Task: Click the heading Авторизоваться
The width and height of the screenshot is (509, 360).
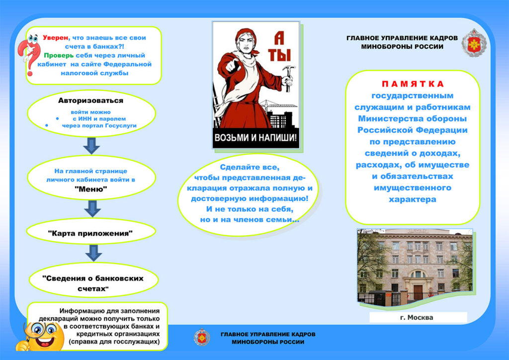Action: [x=90, y=100]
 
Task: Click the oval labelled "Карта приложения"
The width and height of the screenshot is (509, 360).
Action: [x=90, y=232]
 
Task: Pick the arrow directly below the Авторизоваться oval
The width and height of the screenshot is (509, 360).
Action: [x=91, y=146]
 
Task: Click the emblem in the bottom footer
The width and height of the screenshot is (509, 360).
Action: [x=202, y=337]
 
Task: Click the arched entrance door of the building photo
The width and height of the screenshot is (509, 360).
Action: [x=417, y=291]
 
